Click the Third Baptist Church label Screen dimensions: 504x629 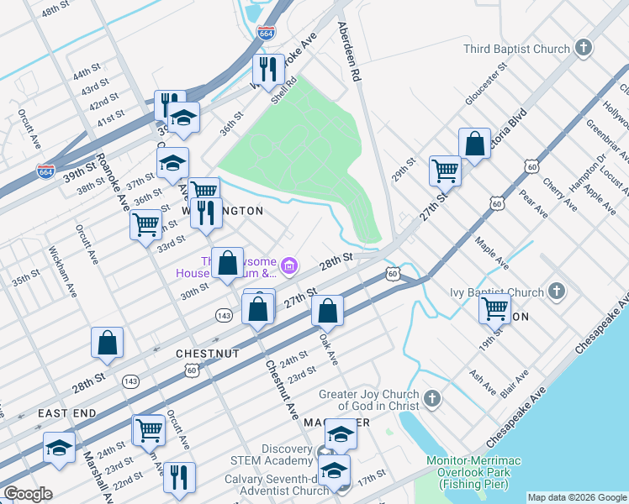tap(516, 49)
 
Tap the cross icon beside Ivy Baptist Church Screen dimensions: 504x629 tap(555, 291)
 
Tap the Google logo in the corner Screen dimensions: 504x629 tap(27, 494)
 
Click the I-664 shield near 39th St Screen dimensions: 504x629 tap(47, 171)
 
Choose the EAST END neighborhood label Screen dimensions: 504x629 tap(66, 413)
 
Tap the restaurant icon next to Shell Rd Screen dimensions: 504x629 tap(268, 69)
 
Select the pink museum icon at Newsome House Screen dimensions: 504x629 tap(289, 266)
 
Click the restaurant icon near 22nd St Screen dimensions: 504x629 tap(179, 476)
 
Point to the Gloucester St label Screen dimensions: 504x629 tap(485, 84)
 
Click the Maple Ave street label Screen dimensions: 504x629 tap(492, 252)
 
